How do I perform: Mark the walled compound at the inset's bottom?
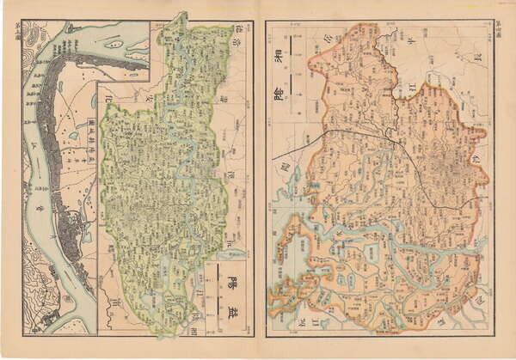52,319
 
